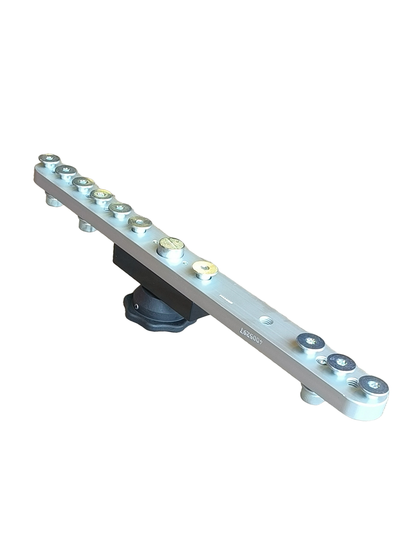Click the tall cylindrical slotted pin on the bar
click(x=171, y=246)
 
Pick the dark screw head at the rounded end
click(x=373, y=385)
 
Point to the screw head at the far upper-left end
click(x=49, y=159)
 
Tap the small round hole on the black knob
click(x=136, y=307)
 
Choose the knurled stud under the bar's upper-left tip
click(x=54, y=201)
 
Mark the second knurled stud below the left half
click(x=87, y=225)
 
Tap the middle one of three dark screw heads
click(x=341, y=362)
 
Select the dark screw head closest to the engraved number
click(x=311, y=342)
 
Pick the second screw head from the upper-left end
click(x=66, y=171)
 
